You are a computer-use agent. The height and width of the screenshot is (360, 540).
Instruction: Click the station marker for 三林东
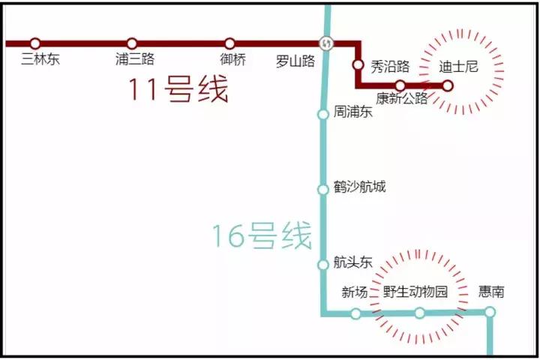pos(35,43)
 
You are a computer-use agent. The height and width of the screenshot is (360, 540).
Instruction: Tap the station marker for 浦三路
pos(132,43)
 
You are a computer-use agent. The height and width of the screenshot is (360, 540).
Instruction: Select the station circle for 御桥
pos(229,43)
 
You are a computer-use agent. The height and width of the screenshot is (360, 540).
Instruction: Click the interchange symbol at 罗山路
pos(325,43)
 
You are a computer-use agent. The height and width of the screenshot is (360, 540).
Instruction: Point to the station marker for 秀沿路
pos(358,64)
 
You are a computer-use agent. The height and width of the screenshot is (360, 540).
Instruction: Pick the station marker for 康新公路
pos(400,85)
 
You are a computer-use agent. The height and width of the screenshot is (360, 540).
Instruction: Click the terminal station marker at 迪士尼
pos(448,85)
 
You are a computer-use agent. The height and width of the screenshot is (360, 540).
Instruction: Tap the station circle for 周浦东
pos(323,114)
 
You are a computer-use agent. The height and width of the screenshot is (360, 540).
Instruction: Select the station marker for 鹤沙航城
pos(323,189)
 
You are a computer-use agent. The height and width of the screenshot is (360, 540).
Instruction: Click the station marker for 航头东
pos(323,264)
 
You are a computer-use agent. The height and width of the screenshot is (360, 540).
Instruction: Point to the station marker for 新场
pos(355,313)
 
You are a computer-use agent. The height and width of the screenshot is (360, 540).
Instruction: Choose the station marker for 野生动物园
pos(420,313)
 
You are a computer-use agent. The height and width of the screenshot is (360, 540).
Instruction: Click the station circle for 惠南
pos(490,312)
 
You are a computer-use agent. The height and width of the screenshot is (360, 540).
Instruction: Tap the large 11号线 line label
pos(177,91)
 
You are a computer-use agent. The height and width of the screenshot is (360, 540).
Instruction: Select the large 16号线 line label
pos(261,236)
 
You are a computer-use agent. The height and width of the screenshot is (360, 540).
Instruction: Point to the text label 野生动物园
pos(415,292)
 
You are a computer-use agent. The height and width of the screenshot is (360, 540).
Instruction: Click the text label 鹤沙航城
pos(360,187)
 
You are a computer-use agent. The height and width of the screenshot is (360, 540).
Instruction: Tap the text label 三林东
pos(40,60)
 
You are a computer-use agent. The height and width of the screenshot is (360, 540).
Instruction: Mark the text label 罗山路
pos(295,61)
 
